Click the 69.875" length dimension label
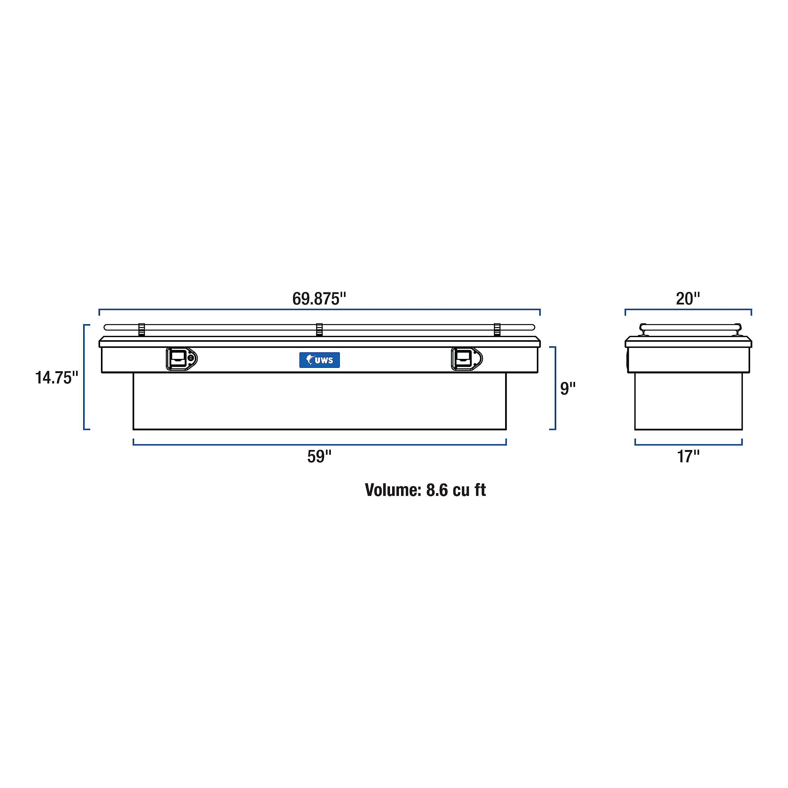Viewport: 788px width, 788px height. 319,299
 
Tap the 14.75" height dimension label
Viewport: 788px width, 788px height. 56,378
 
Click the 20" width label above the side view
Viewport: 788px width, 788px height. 688,299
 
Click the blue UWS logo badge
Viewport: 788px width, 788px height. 320,360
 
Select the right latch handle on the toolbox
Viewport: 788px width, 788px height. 467,359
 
